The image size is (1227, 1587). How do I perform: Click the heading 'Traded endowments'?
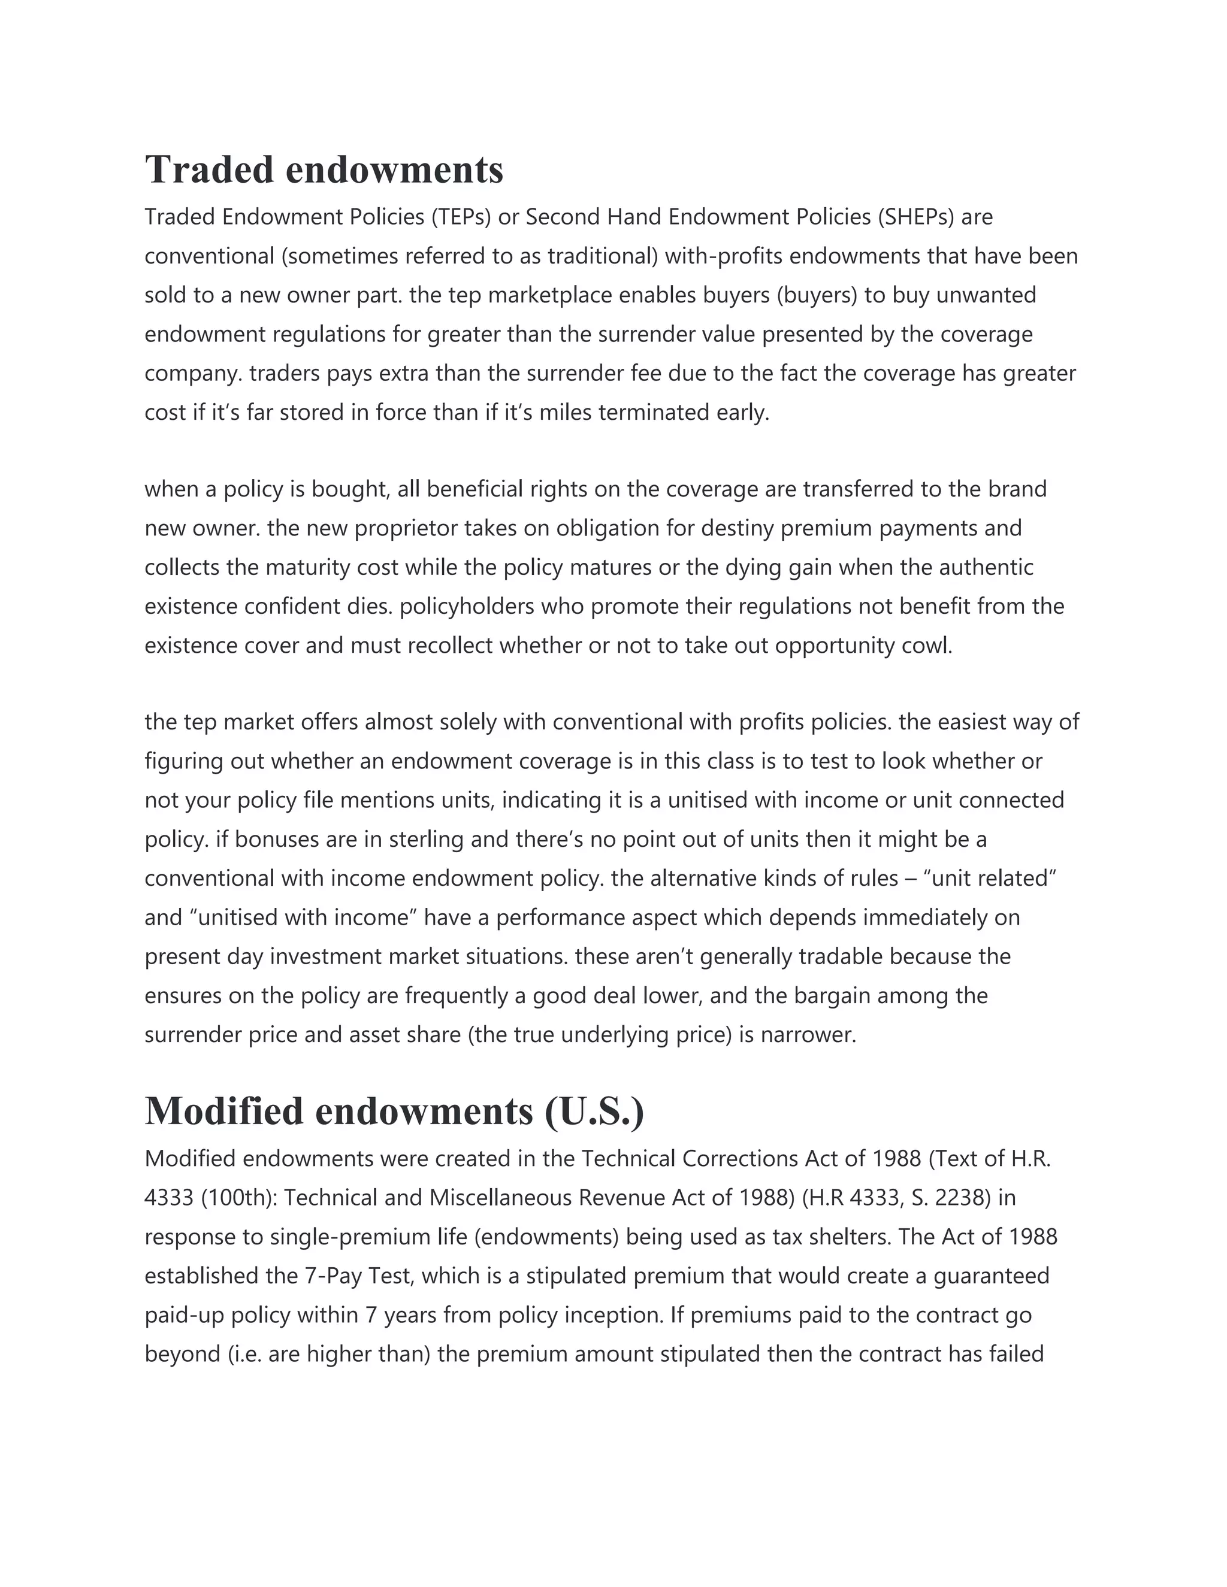tap(324, 169)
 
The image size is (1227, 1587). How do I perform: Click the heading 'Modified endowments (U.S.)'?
tap(394, 1111)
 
